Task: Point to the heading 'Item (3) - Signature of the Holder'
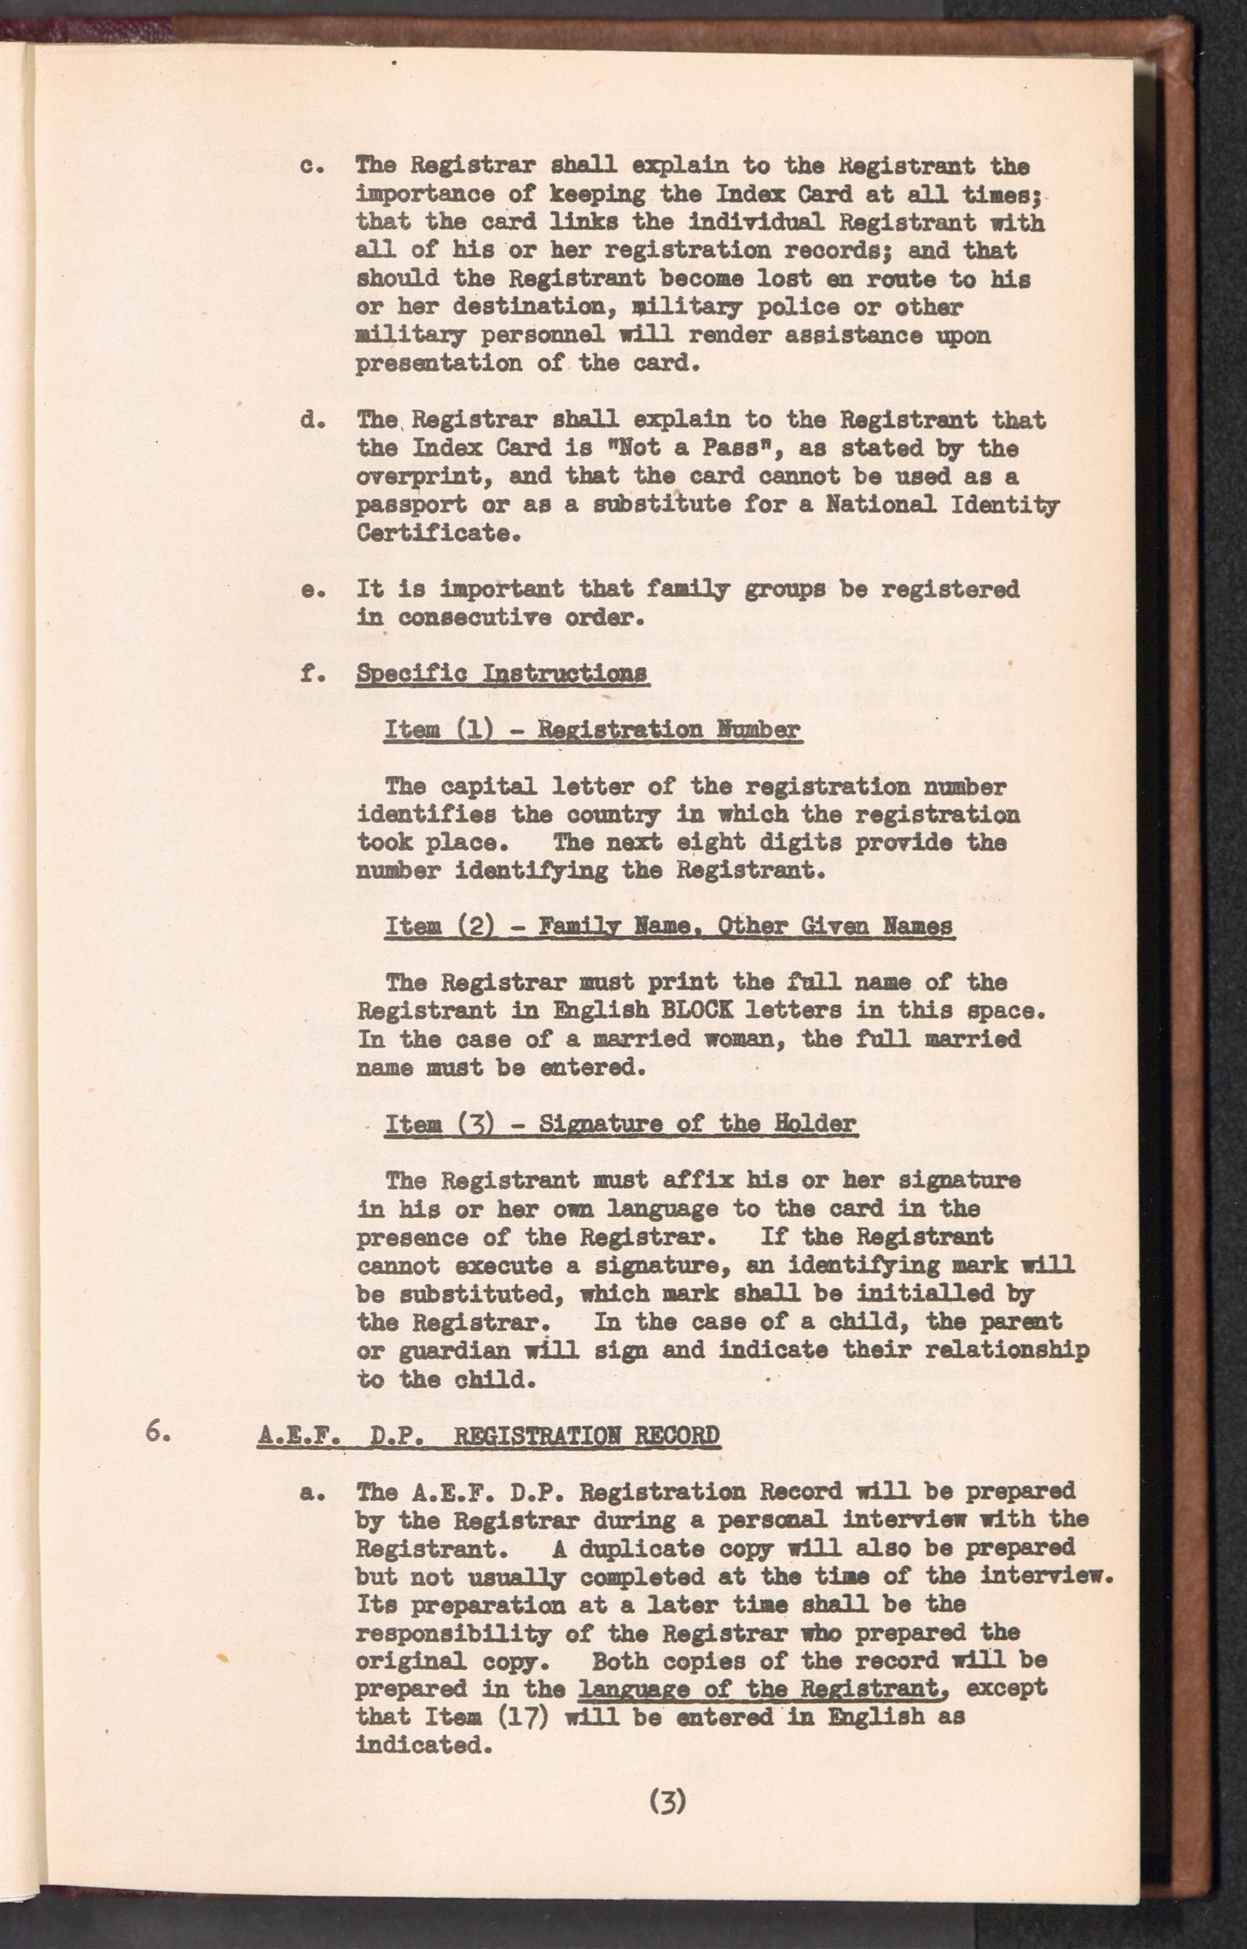click(x=620, y=1124)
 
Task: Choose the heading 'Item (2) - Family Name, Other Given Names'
click(x=669, y=926)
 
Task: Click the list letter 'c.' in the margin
click(x=312, y=166)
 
